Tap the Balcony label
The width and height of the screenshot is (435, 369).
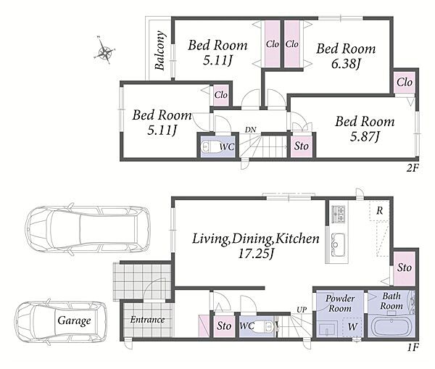(x=160, y=50)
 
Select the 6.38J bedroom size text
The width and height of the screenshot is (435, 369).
(x=346, y=64)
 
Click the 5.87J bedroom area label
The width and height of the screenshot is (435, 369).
(x=364, y=136)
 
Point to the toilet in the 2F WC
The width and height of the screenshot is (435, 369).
(x=206, y=146)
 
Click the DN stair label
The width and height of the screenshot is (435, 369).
(x=250, y=130)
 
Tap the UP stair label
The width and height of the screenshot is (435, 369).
(x=302, y=310)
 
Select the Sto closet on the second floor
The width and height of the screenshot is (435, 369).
(x=302, y=146)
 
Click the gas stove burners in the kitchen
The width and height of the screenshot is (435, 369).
(x=338, y=214)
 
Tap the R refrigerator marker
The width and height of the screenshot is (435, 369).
(x=379, y=211)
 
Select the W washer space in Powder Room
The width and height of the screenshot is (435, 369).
(x=352, y=327)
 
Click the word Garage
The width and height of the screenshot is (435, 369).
(x=74, y=320)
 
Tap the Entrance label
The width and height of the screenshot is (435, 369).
(x=147, y=320)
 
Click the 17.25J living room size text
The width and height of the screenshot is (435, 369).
(x=256, y=254)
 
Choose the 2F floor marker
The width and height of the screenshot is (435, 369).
(x=413, y=167)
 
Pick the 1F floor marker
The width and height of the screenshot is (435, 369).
(x=413, y=347)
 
